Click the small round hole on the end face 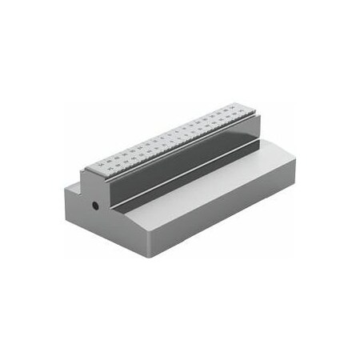[x=95, y=206]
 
